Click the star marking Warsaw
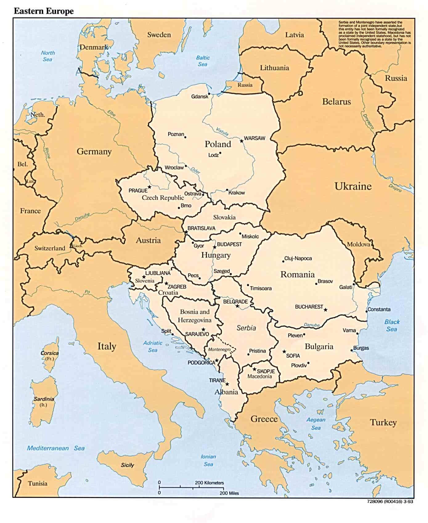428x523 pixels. pyautogui.click(x=242, y=141)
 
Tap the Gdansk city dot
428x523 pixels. pyautogui.click(x=209, y=94)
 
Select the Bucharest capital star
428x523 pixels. pyautogui.click(x=325, y=310)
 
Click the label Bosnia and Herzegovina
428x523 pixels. pyautogui.click(x=194, y=316)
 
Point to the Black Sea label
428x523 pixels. pyautogui.click(x=392, y=325)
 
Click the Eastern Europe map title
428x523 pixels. pyautogui.click(x=44, y=11)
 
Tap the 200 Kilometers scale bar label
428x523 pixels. pyautogui.click(x=209, y=483)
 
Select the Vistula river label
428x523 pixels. pyautogui.click(x=222, y=132)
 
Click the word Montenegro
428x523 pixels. pyautogui.click(x=219, y=349)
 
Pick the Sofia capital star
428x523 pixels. pyautogui.click(x=284, y=351)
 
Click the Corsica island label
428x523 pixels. pyautogui.click(x=49, y=353)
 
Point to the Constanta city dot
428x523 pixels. pyautogui.click(x=366, y=311)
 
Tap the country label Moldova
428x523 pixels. pyautogui.click(x=358, y=244)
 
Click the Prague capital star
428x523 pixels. pyautogui.click(x=149, y=187)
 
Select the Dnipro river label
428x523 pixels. pyautogui.click(x=395, y=188)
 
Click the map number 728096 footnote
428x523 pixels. pyautogui.click(x=390, y=501)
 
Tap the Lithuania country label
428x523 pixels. pyautogui.click(x=274, y=68)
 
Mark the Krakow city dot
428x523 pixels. pyautogui.click(x=227, y=190)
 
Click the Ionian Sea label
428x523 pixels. pyautogui.click(x=208, y=460)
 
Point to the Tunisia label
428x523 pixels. pyautogui.click(x=38, y=483)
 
